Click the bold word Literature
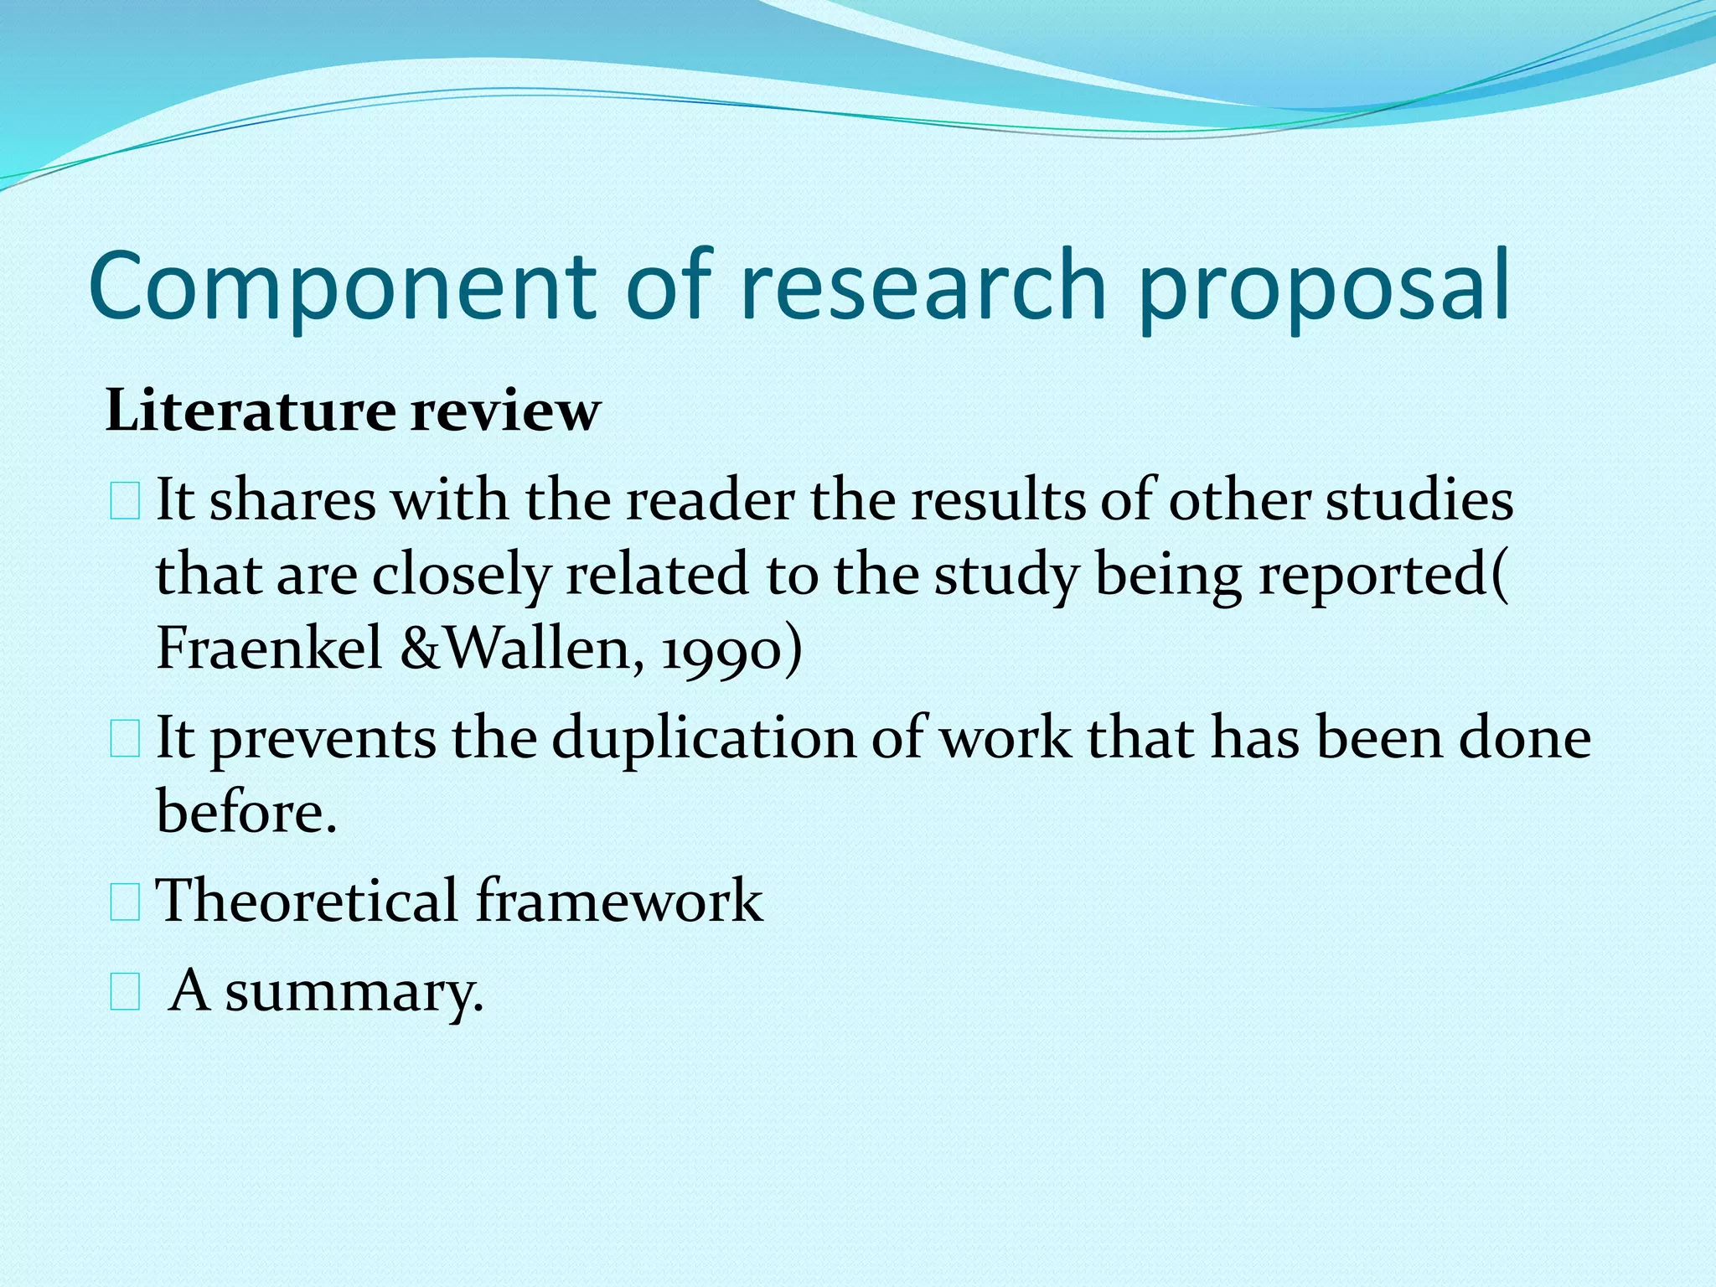tap(251, 411)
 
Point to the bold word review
tap(505, 411)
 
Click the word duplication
tap(704, 739)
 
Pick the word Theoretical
tap(308, 901)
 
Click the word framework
tap(620, 901)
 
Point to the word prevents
tap(323, 739)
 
